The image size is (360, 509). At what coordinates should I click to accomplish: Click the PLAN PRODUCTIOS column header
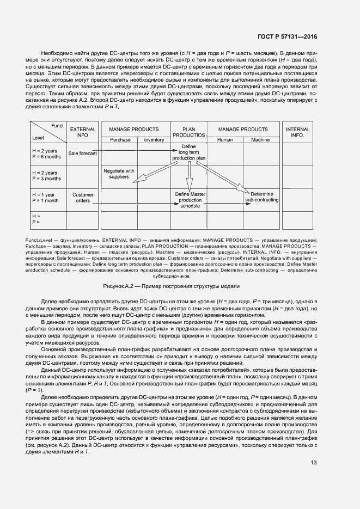pos(188,132)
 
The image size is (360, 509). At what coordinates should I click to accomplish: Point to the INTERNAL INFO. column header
pos(297,132)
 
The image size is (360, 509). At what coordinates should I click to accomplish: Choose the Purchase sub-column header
pos(120,140)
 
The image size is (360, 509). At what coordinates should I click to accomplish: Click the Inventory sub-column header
pos(154,140)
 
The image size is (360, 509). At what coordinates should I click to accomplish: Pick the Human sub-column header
pos(225,140)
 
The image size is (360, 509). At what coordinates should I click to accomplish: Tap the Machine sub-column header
pos(260,140)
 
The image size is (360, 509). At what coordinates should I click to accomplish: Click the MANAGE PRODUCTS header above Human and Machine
pos(242,129)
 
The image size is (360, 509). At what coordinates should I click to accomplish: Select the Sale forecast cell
pos(82,154)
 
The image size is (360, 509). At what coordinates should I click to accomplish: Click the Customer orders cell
pos(83,198)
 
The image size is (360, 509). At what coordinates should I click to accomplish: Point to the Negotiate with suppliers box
pos(119,174)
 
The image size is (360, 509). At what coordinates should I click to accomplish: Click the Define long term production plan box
pos(189,152)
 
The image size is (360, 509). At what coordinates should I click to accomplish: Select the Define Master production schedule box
pos(190,200)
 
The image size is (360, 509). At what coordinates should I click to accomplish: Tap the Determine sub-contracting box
pos(261,197)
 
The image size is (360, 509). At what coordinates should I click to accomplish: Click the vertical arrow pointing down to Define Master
pos(190,177)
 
